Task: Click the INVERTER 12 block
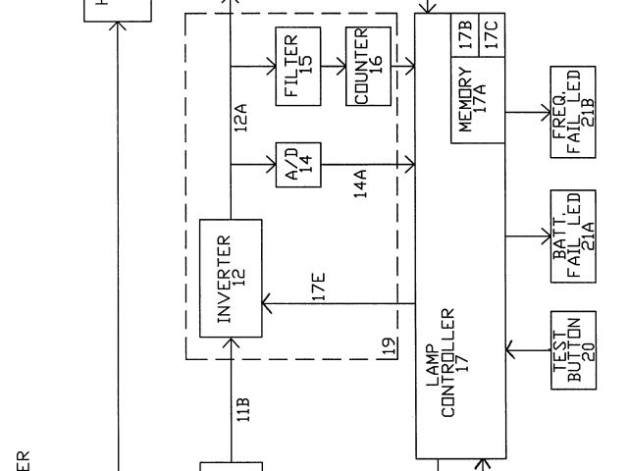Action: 231,278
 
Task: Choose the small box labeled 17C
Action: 492,33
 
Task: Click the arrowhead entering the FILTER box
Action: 272,68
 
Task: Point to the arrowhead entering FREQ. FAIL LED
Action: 549,114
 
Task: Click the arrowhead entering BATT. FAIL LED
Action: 549,236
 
